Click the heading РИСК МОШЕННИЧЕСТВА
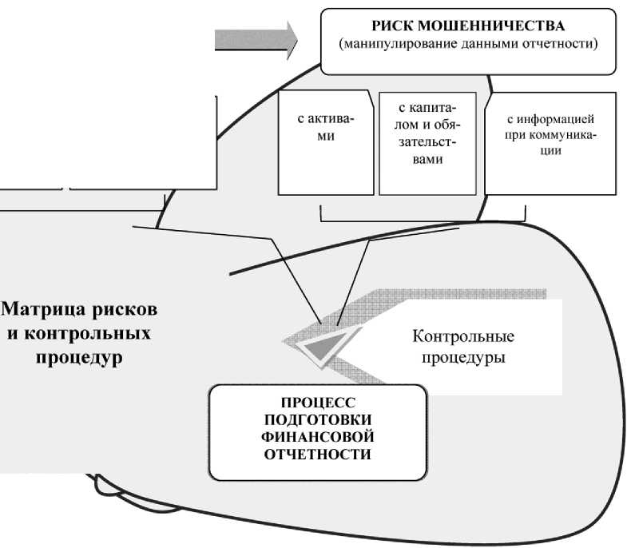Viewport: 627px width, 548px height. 469,26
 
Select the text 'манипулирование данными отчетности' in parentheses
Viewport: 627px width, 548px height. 469,43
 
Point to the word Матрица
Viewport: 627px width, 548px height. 42,308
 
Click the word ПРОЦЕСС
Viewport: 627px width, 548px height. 317,404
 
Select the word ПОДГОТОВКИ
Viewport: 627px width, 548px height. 317,421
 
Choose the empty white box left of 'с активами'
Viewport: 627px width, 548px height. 144,140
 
